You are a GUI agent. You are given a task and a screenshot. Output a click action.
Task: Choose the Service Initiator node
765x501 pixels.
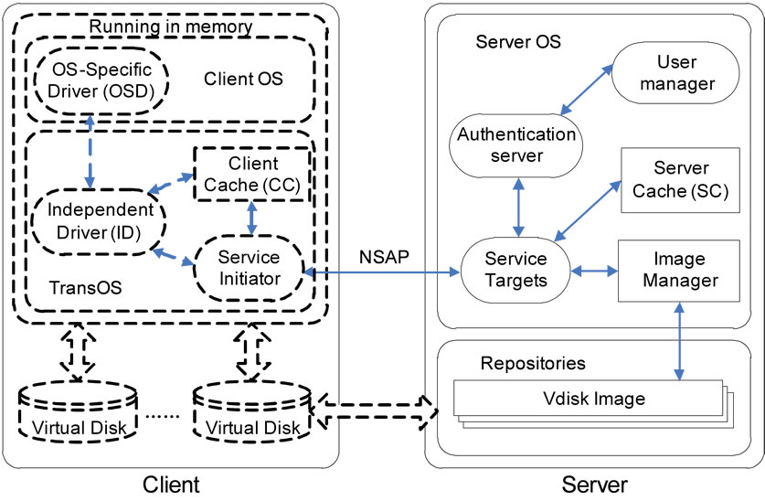coord(250,266)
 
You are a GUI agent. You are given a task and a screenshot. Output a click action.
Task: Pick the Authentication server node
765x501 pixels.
coord(516,144)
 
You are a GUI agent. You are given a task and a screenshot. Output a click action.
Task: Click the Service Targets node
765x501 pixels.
coord(515,271)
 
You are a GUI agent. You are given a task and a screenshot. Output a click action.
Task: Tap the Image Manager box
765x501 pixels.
coord(678,271)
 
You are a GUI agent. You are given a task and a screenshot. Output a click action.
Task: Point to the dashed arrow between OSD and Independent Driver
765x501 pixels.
coord(88,150)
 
